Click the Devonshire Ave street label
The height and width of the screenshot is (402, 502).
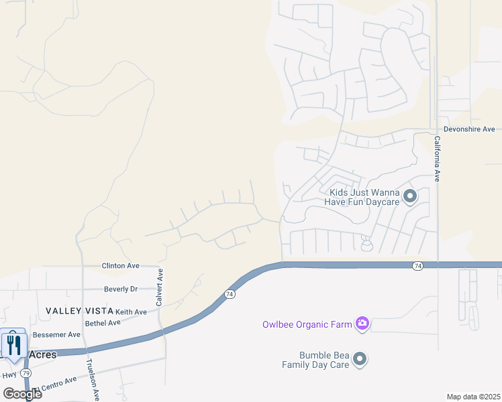click(x=469, y=129)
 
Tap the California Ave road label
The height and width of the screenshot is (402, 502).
click(x=436, y=159)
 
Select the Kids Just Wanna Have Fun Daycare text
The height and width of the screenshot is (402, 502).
click(x=364, y=197)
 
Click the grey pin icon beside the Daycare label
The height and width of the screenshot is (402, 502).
click(x=410, y=196)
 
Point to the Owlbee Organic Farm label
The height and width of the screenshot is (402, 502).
click(x=307, y=325)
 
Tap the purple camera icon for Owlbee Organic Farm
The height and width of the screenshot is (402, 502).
click(x=362, y=324)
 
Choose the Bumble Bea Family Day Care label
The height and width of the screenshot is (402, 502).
click(x=324, y=360)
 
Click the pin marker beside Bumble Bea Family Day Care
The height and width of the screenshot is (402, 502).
click(x=360, y=360)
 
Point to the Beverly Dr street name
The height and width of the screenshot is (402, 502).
click(x=121, y=289)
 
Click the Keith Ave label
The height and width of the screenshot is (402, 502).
click(x=131, y=312)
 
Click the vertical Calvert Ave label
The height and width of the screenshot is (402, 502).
click(x=160, y=287)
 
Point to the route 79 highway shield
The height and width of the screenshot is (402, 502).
click(x=26, y=373)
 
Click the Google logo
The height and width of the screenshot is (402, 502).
click(x=21, y=394)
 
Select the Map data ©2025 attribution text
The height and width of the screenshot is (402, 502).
click(x=472, y=397)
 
